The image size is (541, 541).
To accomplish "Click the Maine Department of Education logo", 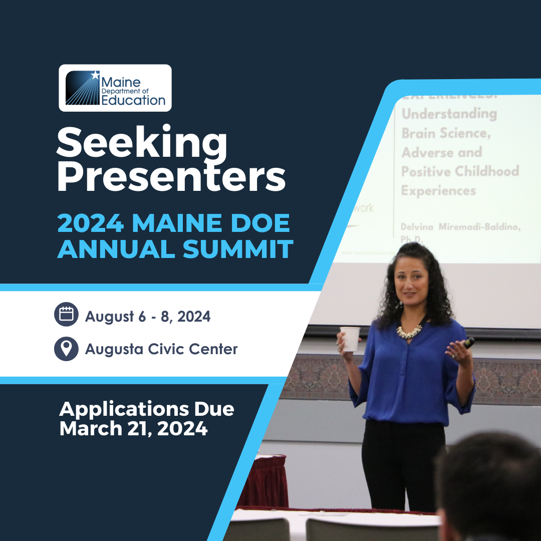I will tap(115, 88).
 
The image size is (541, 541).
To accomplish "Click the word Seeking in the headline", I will tap(142, 143).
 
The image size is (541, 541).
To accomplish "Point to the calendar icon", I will tap(66, 314).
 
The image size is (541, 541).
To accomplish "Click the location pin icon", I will tap(66, 349).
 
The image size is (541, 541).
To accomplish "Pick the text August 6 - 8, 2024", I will tap(148, 317).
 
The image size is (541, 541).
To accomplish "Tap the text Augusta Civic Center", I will tap(161, 349).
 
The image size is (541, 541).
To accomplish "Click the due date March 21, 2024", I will tap(133, 429).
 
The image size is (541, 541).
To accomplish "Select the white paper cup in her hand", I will tap(350, 339).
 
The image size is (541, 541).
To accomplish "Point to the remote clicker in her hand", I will tap(469, 343).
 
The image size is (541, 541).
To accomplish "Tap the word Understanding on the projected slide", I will tap(449, 114).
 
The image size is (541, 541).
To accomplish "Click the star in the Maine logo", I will tap(95, 75).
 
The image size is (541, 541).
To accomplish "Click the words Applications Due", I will tap(146, 409).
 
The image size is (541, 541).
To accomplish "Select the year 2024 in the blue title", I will tap(91, 224).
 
